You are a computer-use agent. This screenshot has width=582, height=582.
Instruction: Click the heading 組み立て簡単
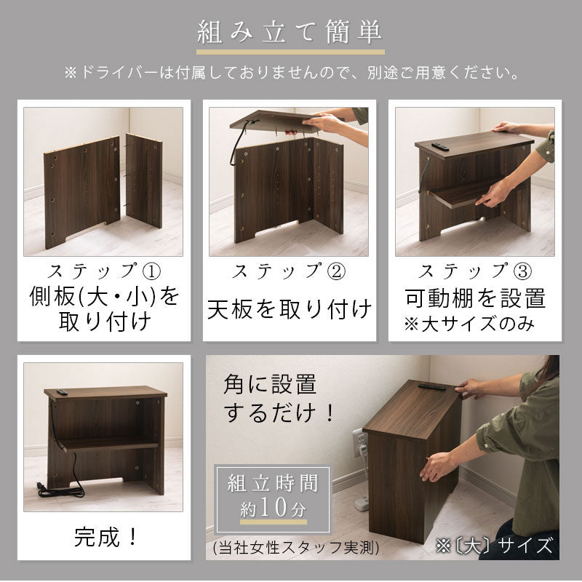coord(290,32)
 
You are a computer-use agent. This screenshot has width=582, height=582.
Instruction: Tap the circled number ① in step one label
coord(152,271)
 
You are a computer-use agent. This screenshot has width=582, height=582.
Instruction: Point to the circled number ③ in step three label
coord(522,271)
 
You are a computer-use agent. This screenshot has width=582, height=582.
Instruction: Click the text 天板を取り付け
coord(290,308)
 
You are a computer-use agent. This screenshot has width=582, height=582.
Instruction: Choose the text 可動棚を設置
coord(475,298)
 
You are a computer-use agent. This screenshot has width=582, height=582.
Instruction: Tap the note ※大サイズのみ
coord(469,324)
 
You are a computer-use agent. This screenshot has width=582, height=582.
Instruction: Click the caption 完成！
coord(105,536)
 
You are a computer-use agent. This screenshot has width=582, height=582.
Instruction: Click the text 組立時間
coord(274,483)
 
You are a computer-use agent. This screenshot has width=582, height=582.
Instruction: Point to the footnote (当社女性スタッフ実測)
coord(296,547)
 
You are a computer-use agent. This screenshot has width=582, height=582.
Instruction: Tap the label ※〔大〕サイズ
coord(494,546)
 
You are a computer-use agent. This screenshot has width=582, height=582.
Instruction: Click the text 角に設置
coord(270,384)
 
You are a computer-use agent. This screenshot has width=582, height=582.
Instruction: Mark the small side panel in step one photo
coord(144,180)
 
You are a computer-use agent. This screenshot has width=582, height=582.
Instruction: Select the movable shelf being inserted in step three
coord(464,194)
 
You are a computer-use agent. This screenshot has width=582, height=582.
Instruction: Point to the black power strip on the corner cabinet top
coord(432,387)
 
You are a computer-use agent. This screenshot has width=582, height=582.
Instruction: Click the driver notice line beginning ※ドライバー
coord(292,73)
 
